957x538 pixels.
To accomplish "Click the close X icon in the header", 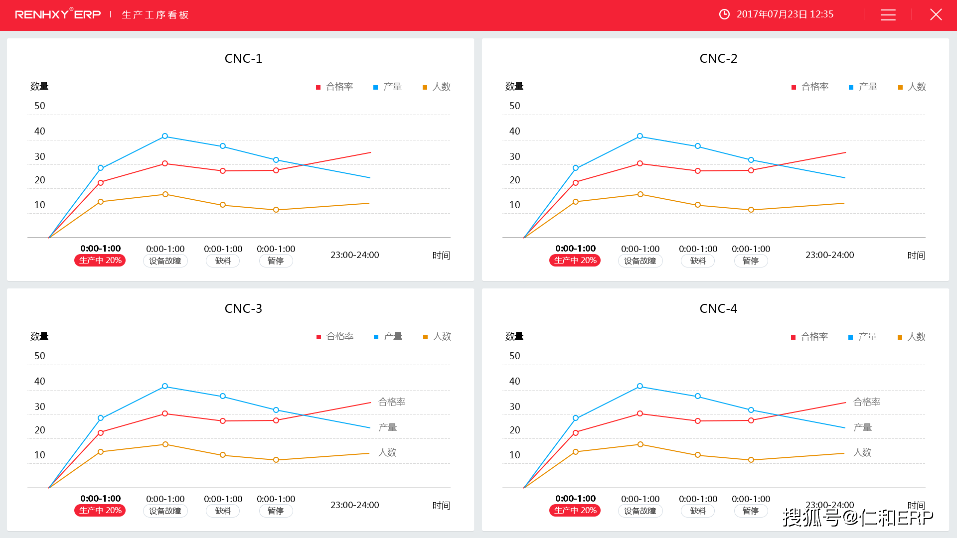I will click(x=936, y=14).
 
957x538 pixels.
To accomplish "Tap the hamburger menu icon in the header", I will click(x=888, y=15).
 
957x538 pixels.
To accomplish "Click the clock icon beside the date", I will click(x=724, y=14).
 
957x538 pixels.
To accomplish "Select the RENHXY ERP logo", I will click(x=58, y=14).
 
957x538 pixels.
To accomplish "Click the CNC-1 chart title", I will click(x=243, y=58).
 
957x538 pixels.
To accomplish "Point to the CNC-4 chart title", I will click(x=718, y=308).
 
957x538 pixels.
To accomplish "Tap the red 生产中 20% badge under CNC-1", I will click(x=100, y=261).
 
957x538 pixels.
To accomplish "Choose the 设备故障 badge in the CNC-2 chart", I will click(x=640, y=261).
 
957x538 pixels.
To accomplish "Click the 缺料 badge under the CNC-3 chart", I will click(x=223, y=511).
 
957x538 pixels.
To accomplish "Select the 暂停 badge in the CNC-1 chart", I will click(x=276, y=261).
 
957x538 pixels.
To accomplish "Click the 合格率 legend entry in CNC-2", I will click(x=810, y=87).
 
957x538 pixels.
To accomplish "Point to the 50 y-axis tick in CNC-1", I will click(x=40, y=106).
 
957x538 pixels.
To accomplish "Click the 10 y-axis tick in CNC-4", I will click(x=515, y=455).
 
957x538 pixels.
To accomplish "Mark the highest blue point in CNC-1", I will click(x=165, y=136).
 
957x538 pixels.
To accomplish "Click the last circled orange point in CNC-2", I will click(x=751, y=210).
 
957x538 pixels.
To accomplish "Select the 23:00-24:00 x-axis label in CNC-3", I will click(x=354, y=505).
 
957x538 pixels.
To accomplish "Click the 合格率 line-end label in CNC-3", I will click(x=392, y=402).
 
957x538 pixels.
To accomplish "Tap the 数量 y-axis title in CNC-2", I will click(x=514, y=86).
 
